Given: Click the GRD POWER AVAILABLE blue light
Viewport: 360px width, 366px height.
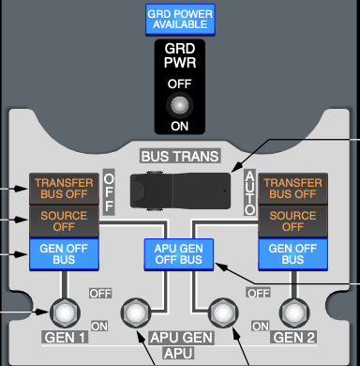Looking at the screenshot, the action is pyautogui.click(x=180, y=19).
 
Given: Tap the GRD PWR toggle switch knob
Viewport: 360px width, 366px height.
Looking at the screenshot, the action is pyautogui.click(x=180, y=105).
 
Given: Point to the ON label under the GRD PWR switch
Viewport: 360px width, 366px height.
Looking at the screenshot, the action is pyautogui.click(x=180, y=126).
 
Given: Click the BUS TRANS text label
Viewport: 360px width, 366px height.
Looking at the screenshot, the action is pyautogui.click(x=180, y=156).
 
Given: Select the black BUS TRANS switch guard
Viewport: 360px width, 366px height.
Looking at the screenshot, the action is pyautogui.click(x=180, y=191).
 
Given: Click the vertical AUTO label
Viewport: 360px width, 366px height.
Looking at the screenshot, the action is pyautogui.click(x=249, y=192).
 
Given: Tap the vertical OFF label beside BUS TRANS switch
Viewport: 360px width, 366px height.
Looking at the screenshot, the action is pyautogui.click(x=109, y=192).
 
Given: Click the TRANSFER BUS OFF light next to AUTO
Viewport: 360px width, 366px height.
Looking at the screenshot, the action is pyautogui.click(x=292, y=189).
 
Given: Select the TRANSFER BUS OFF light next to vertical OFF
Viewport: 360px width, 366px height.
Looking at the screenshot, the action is pyautogui.click(x=64, y=189).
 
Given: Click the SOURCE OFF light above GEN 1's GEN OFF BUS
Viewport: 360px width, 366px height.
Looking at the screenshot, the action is pyautogui.click(x=64, y=221).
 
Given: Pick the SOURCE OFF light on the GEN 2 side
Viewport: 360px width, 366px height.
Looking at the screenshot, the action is pyautogui.click(x=292, y=221).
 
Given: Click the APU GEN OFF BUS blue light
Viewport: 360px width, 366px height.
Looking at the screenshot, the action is pyautogui.click(x=179, y=254).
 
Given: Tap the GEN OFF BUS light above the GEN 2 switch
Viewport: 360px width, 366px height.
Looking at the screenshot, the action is pyautogui.click(x=292, y=254).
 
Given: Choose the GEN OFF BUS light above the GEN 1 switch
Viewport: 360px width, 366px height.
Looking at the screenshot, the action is pyautogui.click(x=64, y=254).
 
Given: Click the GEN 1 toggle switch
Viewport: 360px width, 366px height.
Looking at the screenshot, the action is pyautogui.click(x=65, y=313).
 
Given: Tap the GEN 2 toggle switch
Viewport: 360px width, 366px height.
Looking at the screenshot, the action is pyautogui.click(x=294, y=313).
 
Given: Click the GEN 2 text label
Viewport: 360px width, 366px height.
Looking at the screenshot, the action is pyautogui.click(x=293, y=338).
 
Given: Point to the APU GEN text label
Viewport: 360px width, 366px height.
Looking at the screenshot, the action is pyautogui.click(x=182, y=338).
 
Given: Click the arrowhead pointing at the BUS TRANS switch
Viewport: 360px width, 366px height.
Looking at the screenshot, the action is pyautogui.click(x=236, y=167).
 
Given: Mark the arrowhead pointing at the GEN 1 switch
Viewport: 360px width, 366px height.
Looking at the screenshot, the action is pyautogui.click(x=43, y=312).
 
